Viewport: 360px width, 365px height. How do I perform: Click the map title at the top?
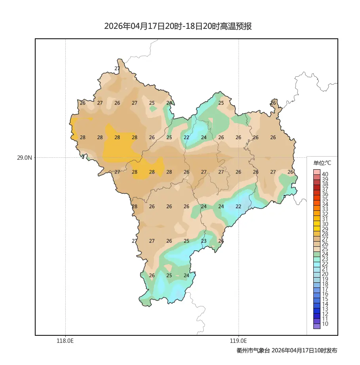[x=178, y=26]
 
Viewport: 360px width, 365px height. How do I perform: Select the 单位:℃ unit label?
[x=322, y=163]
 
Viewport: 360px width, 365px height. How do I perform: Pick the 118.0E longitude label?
[x=65, y=340]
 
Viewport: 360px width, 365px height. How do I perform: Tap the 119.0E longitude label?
[x=239, y=340]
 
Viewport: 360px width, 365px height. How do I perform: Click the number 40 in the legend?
[x=325, y=174]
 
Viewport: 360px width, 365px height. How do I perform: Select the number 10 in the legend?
[x=325, y=324]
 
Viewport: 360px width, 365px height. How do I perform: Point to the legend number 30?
[x=325, y=224]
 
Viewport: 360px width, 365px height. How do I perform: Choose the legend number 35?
[x=325, y=199]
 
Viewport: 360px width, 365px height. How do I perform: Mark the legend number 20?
[x=325, y=274]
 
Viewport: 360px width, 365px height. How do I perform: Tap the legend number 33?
[x=325, y=209]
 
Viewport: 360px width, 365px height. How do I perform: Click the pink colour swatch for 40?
[x=316, y=172]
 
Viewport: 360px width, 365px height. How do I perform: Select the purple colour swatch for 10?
[x=316, y=326]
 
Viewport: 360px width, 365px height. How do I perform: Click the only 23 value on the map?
[x=204, y=241]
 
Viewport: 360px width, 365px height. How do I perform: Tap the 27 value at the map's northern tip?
[x=117, y=68]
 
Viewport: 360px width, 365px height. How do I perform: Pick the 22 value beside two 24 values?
[x=238, y=206]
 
